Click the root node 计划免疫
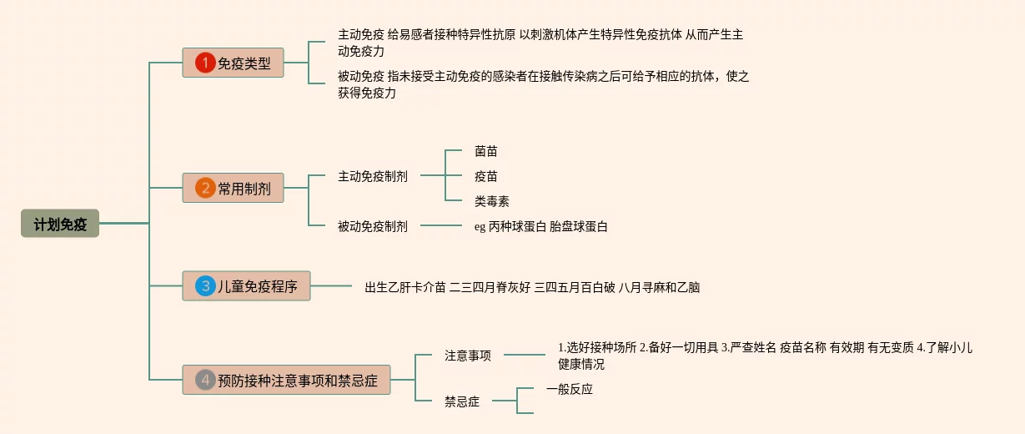[60, 224]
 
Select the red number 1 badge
[205, 63]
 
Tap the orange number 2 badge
[205, 188]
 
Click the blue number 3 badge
[205, 286]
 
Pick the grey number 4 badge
[205, 381]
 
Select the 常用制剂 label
[244, 188]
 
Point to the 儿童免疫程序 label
[258, 286]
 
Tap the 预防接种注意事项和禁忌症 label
[298, 381]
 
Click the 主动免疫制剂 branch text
[373, 176]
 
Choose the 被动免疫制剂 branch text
[373, 225]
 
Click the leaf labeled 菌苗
[486, 151]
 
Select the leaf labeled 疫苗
[486, 176]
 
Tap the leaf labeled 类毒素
[492, 201]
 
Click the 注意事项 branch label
[468, 355]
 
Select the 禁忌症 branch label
[462, 401]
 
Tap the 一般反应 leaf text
[570, 388]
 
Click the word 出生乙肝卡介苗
[405, 287]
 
